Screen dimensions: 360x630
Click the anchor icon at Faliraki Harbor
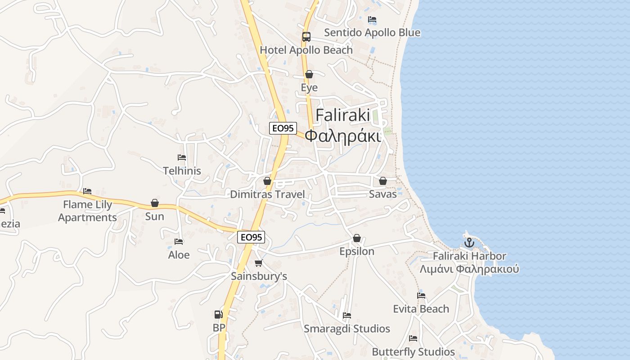(469, 243)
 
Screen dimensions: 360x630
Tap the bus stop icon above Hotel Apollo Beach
(306, 37)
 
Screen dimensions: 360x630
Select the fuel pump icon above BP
(218, 315)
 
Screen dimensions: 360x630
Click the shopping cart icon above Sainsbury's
(258, 263)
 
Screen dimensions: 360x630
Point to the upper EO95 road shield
(283, 128)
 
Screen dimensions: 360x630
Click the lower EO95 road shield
(251, 237)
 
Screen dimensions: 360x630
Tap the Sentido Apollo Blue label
(372, 32)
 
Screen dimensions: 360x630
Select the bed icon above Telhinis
(182, 157)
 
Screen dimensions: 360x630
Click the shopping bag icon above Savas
(383, 181)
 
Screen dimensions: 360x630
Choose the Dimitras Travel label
(267, 194)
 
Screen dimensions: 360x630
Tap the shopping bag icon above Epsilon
(357, 238)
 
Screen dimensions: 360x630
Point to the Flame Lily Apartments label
(87, 211)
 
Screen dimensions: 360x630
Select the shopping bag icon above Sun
(155, 203)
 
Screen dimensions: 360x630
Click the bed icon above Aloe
(179, 242)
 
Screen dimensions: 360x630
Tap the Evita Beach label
(421, 309)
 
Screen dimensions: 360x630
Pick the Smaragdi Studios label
(346, 328)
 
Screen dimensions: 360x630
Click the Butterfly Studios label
(413, 351)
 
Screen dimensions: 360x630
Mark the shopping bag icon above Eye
(309, 74)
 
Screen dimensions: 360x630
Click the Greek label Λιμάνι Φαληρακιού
(469, 269)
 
